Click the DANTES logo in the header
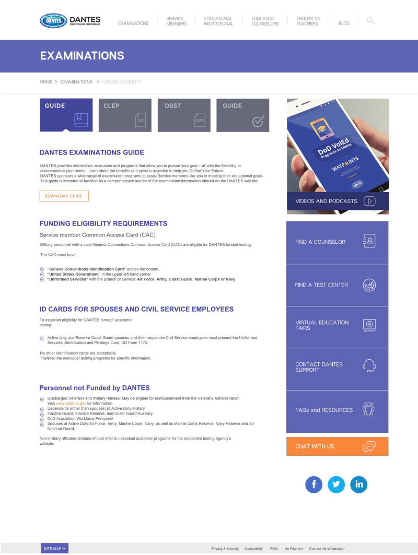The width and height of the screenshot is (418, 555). tap(70, 21)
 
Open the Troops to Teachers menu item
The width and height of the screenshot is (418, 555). tap(308, 21)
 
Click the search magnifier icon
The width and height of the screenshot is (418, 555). tap(370, 20)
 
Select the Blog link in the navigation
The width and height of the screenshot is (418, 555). tap(344, 23)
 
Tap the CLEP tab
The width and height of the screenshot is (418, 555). tap(125, 115)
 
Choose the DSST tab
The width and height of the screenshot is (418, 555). tap(184, 115)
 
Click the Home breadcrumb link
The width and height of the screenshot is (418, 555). tap(46, 82)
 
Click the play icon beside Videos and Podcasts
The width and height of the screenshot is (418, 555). tap(369, 201)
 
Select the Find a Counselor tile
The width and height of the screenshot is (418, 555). tap(337, 242)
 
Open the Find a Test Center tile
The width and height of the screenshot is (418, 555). tap(337, 285)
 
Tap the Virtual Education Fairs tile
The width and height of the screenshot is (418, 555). tap(337, 325)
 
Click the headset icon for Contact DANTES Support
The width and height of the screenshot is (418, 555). tap(369, 365)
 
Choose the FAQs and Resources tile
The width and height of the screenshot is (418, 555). tap(337, 410)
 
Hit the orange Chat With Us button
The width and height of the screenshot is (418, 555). tap(337, 446)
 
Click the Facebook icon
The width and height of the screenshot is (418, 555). tap(314, 485)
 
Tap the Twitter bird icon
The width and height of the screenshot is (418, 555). tap(336, 485)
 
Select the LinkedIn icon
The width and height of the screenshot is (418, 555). tap(359, 485)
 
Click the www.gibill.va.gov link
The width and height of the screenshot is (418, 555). tap(71, 404)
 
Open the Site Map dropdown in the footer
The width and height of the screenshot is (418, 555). tap(55, 549)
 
